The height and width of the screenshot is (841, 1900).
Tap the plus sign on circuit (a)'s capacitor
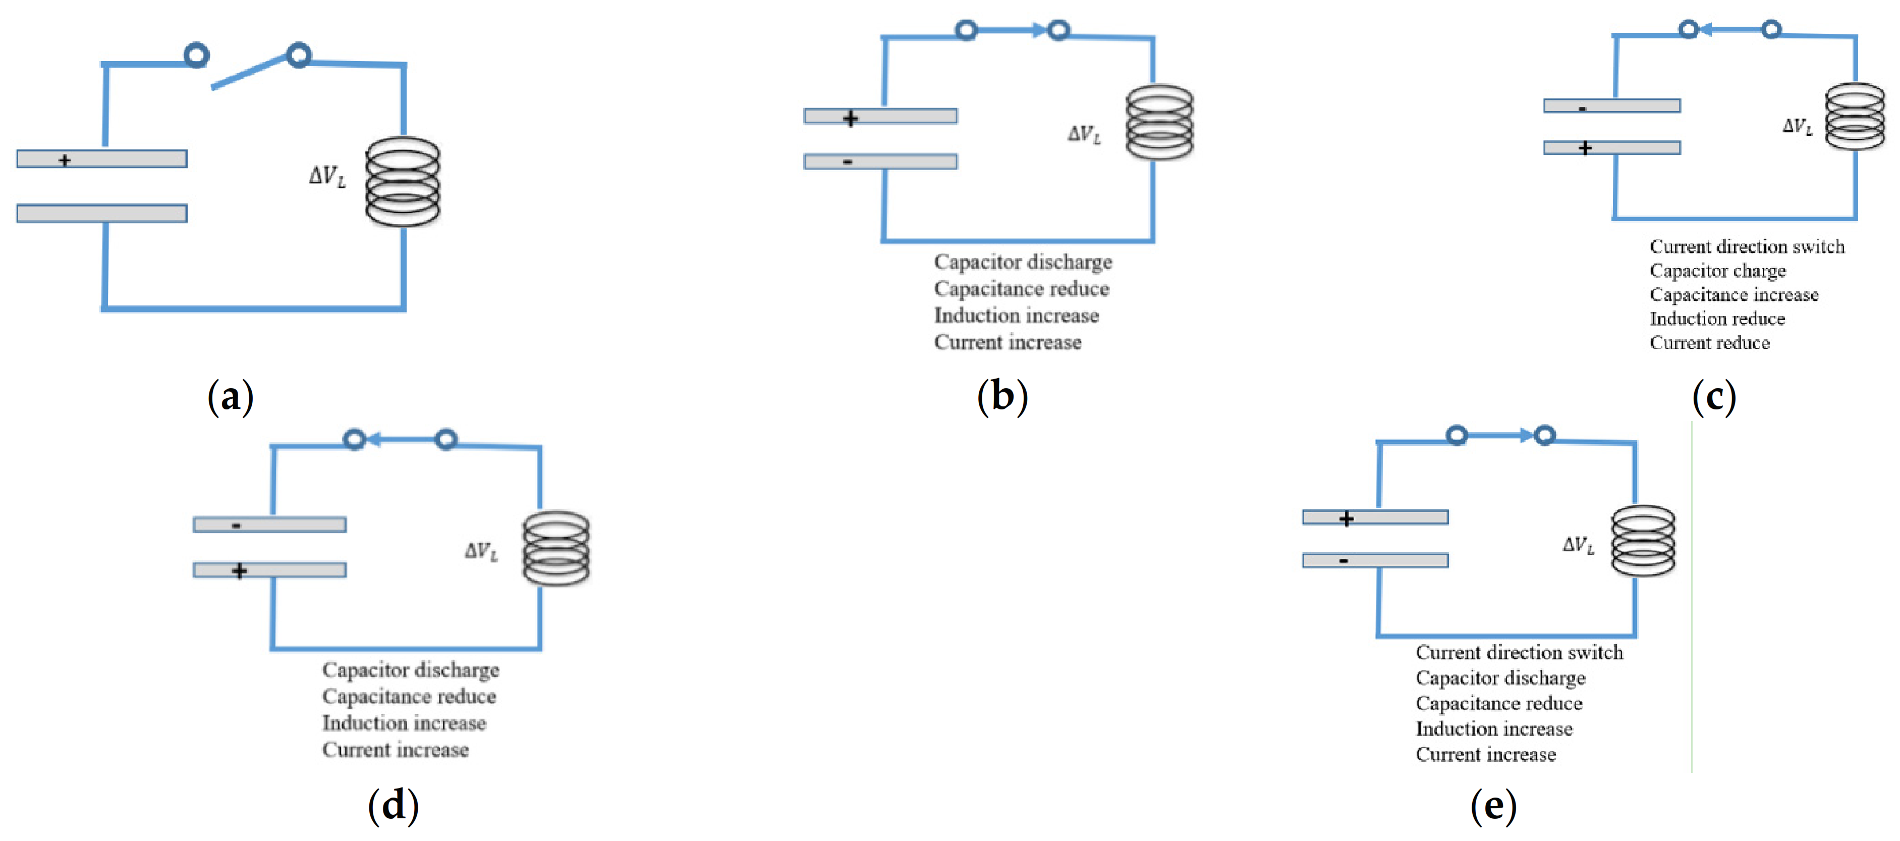pos(65,160)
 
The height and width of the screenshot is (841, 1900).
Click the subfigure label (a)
pos(230,396)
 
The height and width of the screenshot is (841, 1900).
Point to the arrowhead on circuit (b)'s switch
pos(1038,30)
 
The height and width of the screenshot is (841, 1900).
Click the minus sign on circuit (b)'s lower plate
pos(848,162)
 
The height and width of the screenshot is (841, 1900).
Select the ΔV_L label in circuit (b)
pos(1084,134)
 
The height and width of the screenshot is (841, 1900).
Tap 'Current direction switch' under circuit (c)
pos(1747,246)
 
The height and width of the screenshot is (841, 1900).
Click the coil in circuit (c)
pos(1854,117)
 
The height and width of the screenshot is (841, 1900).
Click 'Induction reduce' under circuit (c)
pos(1717,319)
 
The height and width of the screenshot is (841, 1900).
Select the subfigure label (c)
pos(1713,397)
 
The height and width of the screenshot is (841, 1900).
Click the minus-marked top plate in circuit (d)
pos(269,525)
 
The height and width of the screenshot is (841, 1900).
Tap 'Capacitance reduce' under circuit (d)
pos(409,697)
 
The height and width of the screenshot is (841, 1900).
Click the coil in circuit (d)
pos(556,548)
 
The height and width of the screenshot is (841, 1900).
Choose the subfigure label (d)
pos(393,804)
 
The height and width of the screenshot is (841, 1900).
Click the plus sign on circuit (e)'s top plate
pos(1346,518)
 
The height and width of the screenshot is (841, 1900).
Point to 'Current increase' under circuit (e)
pos(1485,755)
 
